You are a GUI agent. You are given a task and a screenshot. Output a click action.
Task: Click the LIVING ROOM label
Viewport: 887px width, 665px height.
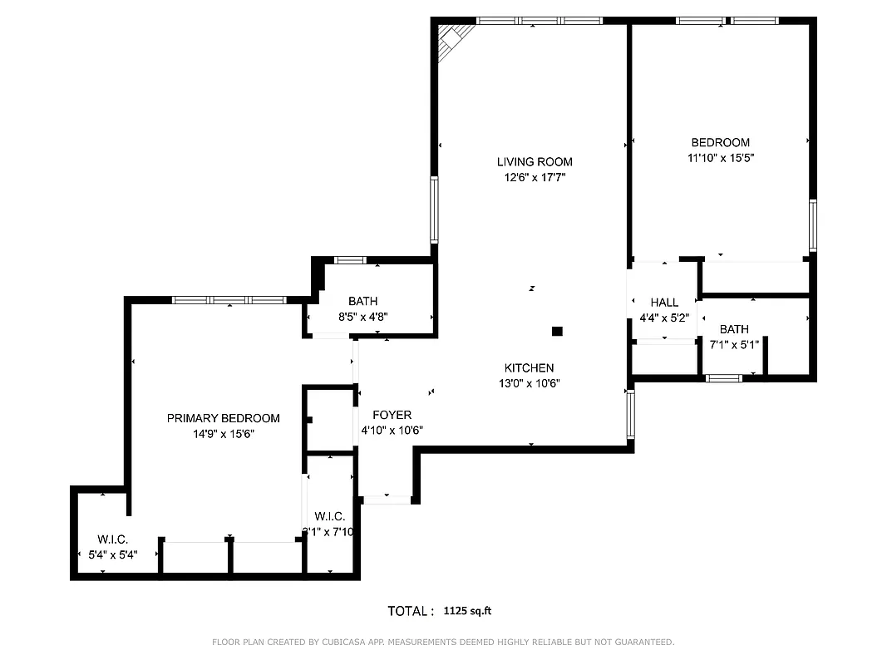click(x=535, y=162)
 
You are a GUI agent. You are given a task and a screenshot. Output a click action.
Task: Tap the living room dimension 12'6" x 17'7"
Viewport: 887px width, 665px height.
click(x=535, y=177)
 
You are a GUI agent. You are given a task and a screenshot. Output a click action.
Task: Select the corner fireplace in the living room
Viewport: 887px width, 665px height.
click(x=453, y=38)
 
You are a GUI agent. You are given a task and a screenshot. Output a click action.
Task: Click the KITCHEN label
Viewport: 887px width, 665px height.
click(x=529, y=368)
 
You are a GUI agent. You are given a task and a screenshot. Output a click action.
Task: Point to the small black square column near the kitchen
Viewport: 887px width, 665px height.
click(x=557, y=331)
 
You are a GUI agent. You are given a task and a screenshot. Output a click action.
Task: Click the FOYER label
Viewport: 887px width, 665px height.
click(x=392, y=415)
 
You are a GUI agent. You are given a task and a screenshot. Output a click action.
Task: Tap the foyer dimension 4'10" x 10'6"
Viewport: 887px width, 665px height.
click(x=392, y=430)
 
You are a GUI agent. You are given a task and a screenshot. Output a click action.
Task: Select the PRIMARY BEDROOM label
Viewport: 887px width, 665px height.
click(x=223, y=418)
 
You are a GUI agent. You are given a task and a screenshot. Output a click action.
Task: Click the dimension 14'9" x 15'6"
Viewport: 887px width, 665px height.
click(x=223, y=433)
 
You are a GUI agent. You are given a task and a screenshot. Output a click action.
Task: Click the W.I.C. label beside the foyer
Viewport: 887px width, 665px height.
click(x=330, y=516)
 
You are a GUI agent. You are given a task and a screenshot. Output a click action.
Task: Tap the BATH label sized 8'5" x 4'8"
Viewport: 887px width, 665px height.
click(x=363, y=301)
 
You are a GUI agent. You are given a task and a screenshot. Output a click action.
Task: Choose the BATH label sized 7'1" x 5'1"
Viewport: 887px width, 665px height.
click(x=734, y=329)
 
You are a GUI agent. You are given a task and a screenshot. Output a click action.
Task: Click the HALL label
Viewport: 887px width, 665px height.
click(x=664, y=303)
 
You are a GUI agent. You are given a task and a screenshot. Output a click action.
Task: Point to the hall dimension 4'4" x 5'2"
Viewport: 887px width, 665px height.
click(x=664, y=318)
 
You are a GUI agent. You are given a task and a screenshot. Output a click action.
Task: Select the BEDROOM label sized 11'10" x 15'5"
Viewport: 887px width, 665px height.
click(x=720, y=142)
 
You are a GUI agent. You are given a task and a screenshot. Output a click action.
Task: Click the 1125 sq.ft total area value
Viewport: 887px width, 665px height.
click(x=468, y=611)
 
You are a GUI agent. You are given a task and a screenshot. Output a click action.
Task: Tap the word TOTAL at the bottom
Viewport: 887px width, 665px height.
click(x=410, y=611)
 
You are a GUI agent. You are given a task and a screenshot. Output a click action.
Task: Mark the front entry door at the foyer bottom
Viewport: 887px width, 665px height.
click(x=387, y=499)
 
